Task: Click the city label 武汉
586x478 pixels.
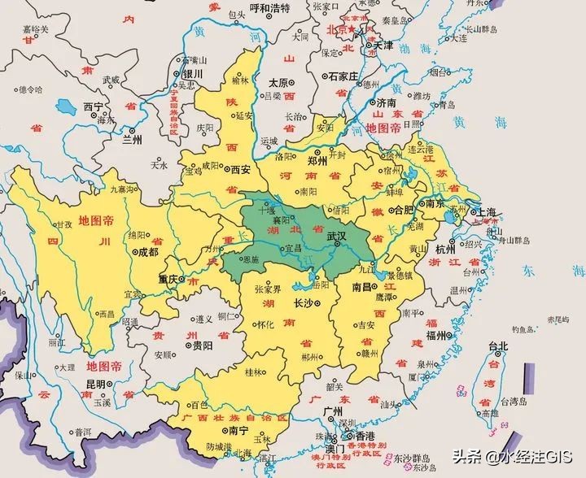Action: (x=337, y=236)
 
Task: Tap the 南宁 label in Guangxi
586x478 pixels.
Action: (x=238, y=430)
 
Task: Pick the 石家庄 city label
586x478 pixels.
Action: (x=343, y=77)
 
